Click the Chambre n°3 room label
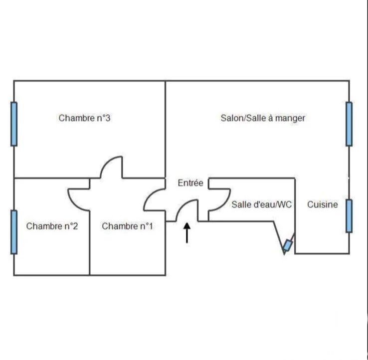click(x=84, y=118)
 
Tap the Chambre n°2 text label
click(x=52, y=226)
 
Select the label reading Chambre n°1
click(x=128, y=226)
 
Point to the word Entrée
click(x=190, y=183)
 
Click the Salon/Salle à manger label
click(x=263, y=118)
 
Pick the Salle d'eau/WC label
click(x=261, y=204)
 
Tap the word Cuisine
click(x=323, y=204)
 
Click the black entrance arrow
click(x=187, y=233)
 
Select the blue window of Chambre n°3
click(x=14, y=124)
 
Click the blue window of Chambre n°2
click(x=14, y=232)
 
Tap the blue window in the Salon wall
click(x=349, y=124)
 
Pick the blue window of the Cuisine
click(x=349, y=216)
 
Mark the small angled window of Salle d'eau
click(x=287, y=245)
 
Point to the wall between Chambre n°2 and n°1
click(x=90, y=243)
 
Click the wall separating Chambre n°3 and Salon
click(x=166, y=129)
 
